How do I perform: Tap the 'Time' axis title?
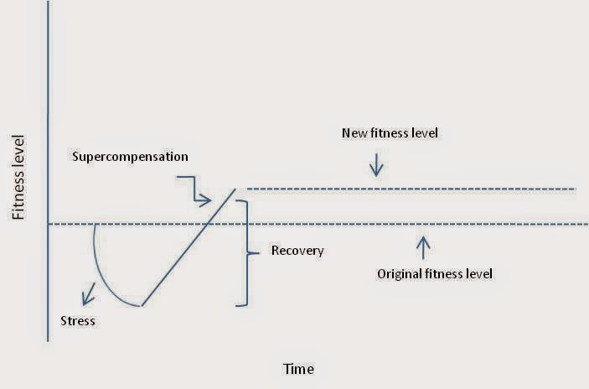tap(299, 367)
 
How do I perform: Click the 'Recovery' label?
tap(297, 251)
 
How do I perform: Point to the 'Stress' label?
tap(78, 320)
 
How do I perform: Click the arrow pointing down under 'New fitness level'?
tap(376, 165)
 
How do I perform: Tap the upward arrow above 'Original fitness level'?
tap(423, 246)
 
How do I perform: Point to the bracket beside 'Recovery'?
tap(245, 252)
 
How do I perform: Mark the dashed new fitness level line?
tap(411, 189)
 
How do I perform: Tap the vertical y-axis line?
tap(49, 168)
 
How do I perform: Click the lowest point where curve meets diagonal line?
tap(141, 305)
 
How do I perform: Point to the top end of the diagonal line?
tap(235, 188)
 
